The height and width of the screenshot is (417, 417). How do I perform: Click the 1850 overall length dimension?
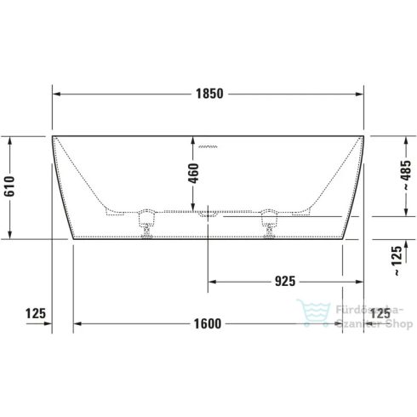[208, 94]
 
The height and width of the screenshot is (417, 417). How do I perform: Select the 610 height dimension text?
[10, 187]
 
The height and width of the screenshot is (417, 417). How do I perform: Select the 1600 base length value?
[207, 323]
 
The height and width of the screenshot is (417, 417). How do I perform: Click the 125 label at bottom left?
[35, 314]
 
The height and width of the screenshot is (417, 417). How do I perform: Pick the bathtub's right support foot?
[271, 219]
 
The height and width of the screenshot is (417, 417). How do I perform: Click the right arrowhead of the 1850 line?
[363, 94]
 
